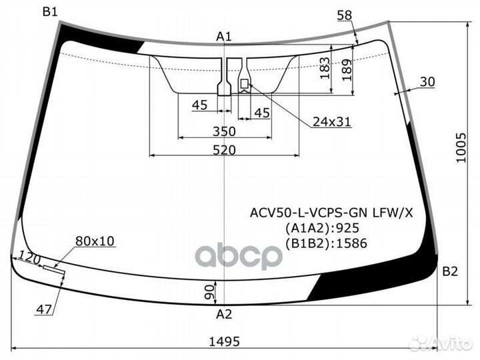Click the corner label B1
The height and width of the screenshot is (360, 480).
(x=50, y=12)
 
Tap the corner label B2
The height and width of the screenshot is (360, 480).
(x=450, y=271)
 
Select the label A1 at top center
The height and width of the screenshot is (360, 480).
(x=224, y=37)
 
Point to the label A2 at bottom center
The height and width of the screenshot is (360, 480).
(x=224, y=315)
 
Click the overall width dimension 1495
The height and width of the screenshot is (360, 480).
(x=225, y=341)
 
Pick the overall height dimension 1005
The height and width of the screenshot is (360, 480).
(x=461, y=147)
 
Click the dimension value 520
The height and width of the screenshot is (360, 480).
(x=225, y=150)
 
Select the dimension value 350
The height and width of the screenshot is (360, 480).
(x=225, y=131)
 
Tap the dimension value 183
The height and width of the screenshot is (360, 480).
(x=325, y=68)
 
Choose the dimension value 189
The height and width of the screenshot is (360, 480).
(x=347, y=70)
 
